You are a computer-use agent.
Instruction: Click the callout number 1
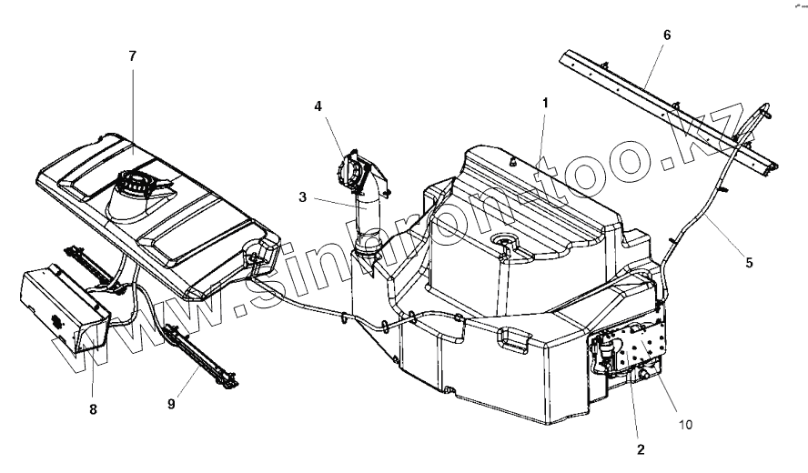pos(544,103)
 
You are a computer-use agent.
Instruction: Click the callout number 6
pos(667,35)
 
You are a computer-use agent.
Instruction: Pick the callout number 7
pos(133,56)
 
